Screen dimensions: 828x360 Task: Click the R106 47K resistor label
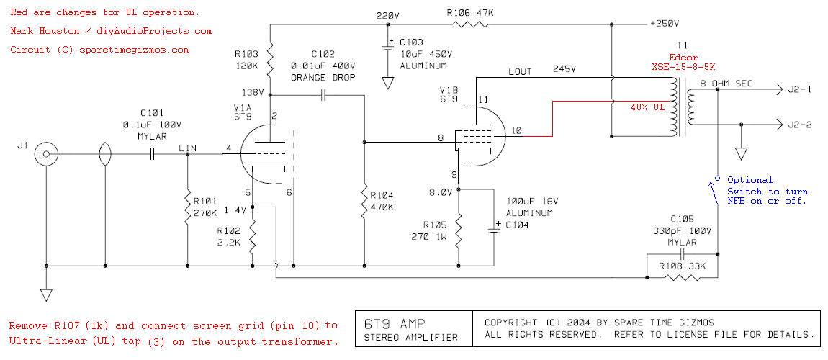click(470, 12)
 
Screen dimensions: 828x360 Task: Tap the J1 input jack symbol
click(47, 155)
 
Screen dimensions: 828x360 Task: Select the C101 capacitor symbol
click(152, 155)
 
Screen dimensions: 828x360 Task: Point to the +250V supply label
click(665, 24)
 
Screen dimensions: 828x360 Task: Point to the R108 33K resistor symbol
click(680, 276)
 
